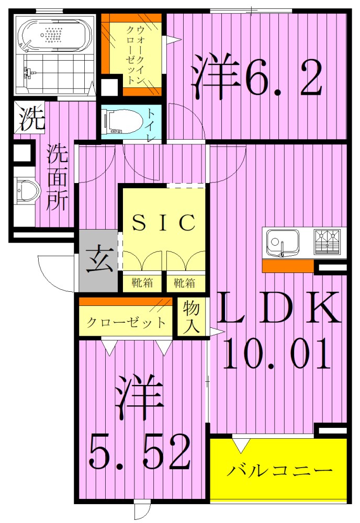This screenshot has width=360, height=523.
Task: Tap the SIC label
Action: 163,223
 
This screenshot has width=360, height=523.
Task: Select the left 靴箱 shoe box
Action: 142,283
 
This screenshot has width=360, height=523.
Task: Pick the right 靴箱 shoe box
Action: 185,283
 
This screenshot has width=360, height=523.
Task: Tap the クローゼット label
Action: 126,323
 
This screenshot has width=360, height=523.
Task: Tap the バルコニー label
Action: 280,471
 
